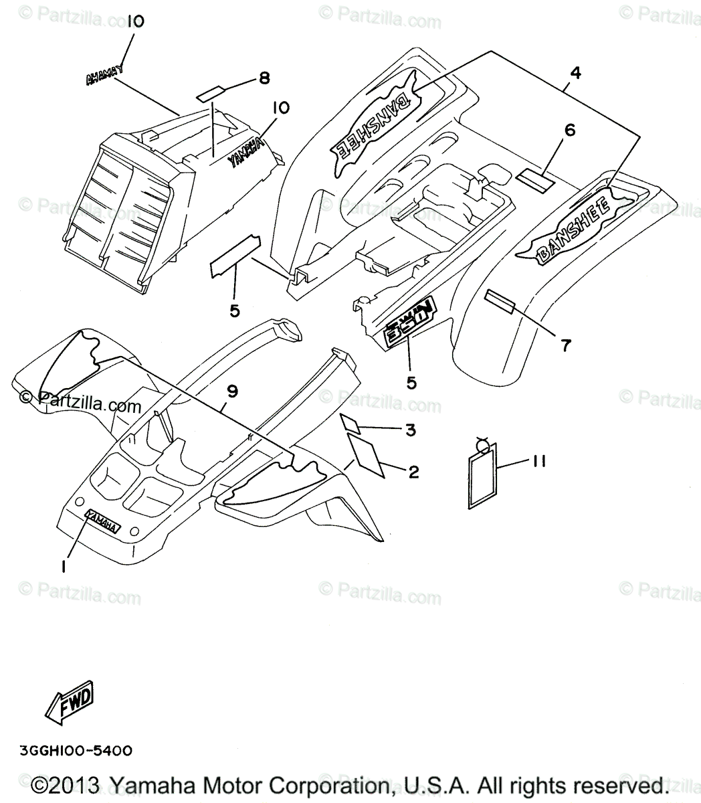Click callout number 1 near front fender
(x=63, y=566)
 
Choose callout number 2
(x=413, y=472)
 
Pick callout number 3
(x=410, y=430)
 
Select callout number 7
(x=566, y=345)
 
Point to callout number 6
(x=569, y=130)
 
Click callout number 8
(x=264, y=78)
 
